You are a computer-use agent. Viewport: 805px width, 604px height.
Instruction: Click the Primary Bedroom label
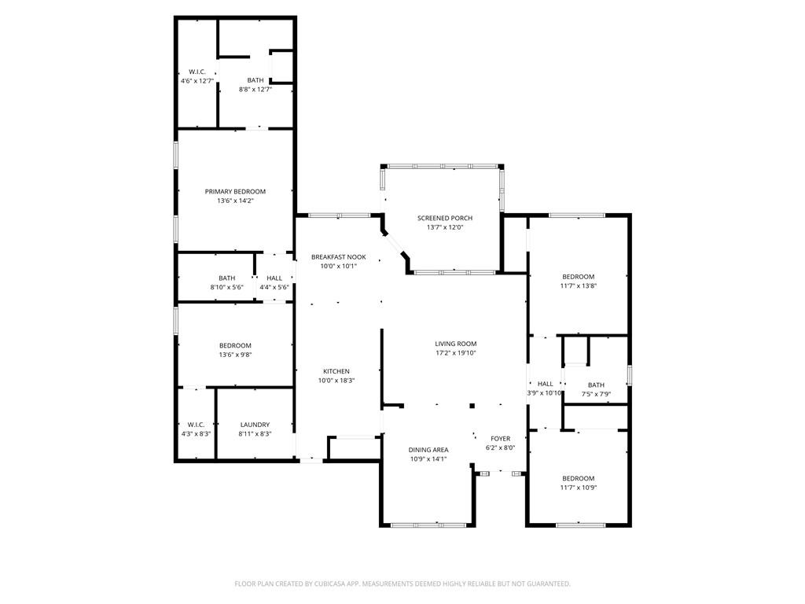235,191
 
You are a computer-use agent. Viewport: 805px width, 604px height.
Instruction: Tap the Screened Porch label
445,218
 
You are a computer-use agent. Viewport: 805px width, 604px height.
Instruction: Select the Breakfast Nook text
338,256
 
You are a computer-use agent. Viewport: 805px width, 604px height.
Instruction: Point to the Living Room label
456,344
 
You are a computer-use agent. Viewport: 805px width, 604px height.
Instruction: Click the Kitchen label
336,371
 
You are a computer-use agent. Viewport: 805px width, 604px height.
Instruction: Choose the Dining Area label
428,450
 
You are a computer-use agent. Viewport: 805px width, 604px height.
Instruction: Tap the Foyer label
500,439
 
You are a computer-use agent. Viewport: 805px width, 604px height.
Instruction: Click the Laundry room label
255,425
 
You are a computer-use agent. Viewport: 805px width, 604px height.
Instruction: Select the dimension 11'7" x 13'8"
578,286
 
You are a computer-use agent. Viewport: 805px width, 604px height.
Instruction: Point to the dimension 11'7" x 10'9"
578,488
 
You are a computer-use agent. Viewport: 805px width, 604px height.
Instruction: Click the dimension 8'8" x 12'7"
255,90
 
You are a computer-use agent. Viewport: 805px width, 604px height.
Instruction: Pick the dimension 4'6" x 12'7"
197,81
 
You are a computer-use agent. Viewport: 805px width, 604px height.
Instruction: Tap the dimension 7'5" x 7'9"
596,394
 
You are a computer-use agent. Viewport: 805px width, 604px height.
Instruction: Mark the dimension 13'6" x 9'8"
235,355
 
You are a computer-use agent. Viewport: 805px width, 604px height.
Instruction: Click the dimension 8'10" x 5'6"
226,287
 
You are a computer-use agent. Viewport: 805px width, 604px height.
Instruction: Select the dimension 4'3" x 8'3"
196,433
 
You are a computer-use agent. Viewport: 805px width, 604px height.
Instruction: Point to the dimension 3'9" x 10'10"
545,393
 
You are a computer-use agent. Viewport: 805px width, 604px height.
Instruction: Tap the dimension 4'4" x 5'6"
274,287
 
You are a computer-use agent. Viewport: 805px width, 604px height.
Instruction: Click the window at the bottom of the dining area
428,525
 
